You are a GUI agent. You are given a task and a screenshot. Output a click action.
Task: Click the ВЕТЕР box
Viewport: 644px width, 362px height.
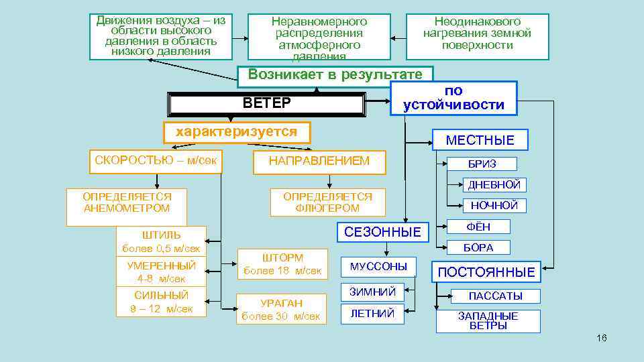coord(267,103)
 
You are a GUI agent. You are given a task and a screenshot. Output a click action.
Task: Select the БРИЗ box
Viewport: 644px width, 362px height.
coord(482,164)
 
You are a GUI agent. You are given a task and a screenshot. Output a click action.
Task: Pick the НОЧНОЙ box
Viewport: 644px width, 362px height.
coord(494,206)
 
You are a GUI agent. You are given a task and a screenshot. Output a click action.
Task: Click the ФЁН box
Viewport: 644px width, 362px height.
coord(478,227)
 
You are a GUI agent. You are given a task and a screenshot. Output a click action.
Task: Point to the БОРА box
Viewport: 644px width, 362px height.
coord(478,247)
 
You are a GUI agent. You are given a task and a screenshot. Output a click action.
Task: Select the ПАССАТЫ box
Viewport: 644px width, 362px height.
coord(495,296)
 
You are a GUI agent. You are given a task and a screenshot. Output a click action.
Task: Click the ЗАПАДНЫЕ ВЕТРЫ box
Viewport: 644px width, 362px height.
coord(488,320)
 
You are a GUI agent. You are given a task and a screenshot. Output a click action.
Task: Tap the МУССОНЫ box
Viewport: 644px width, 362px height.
coord(378,267)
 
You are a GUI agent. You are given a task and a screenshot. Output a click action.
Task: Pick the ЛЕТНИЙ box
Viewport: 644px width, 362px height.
coord(372,314)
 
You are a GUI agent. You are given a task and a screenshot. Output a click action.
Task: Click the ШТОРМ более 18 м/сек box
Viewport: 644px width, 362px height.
coord(282,264)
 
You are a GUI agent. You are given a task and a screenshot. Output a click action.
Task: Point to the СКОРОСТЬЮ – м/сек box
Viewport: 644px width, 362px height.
coord(156,161)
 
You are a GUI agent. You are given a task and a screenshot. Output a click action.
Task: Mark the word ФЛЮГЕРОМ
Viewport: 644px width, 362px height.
coord(327,208)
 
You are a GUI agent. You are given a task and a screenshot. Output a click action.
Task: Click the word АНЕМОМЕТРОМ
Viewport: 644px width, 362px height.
coord(127,208)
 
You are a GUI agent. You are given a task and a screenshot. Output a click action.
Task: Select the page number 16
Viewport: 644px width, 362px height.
coord(601,338)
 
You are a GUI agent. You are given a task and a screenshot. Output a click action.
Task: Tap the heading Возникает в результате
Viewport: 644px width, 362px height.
coord(335,74)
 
